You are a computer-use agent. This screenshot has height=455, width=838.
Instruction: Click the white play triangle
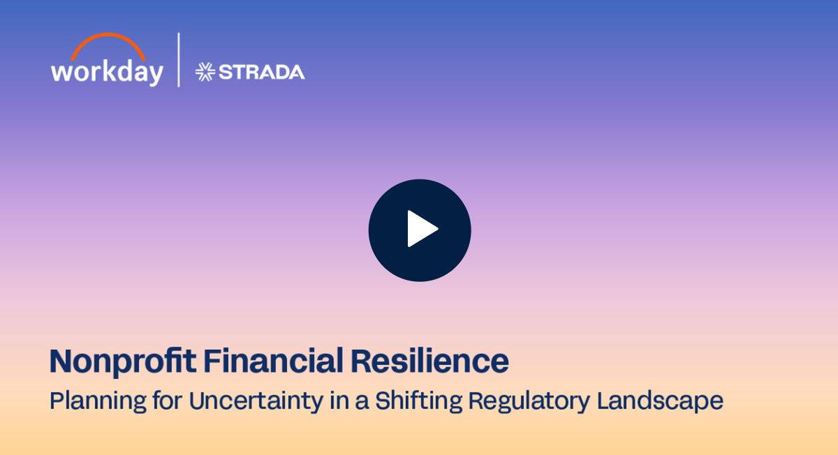click(x=421, y=229)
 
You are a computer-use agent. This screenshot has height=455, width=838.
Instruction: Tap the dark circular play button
click(x=420, y=230)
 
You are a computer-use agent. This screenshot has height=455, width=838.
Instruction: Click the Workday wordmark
click(x=107, y=72)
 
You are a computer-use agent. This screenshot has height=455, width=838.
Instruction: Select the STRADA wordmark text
click(x=261, y=72)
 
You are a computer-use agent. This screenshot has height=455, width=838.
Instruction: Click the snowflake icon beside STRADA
click(x=205, y=72)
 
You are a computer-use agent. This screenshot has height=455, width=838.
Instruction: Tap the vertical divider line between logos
click(x=179, y=60)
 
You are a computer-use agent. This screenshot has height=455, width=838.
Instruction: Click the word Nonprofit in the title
click(x=123, y=361)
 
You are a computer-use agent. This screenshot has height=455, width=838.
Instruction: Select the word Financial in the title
click(x=274, y=361)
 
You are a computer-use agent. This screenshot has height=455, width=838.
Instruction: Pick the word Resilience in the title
click(x=430, y=361)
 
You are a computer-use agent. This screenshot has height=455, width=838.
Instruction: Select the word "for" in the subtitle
click(x=168, y=400)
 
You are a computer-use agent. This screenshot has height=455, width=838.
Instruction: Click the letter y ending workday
click(x=155, y=75)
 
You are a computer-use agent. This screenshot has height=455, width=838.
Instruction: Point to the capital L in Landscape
click(x=604, y=400)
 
